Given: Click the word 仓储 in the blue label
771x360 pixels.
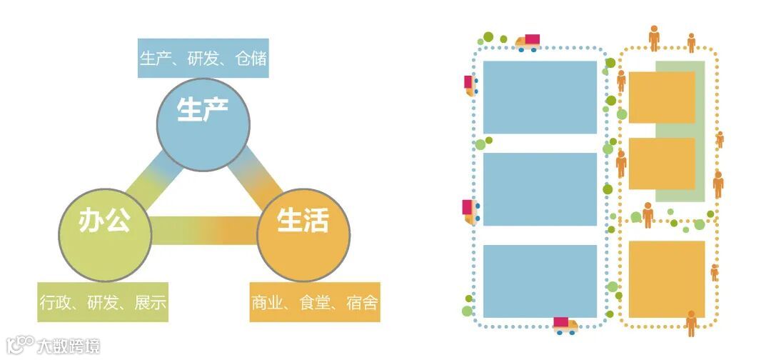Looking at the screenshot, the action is pos(250,59).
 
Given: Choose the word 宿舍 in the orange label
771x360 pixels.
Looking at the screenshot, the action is pos(361,302).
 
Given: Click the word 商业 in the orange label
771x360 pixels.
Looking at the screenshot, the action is pos(268,302).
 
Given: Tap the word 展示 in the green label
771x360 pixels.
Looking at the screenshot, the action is pos(151,302).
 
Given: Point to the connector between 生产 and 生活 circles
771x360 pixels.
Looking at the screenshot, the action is pos(257,179).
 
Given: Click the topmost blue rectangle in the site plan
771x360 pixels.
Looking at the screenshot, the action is pos(540,97).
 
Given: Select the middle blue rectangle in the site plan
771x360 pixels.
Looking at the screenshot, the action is pos(540,189).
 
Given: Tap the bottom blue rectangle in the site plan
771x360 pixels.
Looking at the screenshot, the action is pos(540,281).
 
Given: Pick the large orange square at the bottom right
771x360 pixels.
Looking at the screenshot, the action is pos(667,279).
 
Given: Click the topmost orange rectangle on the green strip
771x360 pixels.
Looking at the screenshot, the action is pos(662,97).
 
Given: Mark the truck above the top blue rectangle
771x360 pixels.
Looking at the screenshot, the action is pos(528,43).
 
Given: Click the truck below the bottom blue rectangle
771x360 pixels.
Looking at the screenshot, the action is pos(565,326).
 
